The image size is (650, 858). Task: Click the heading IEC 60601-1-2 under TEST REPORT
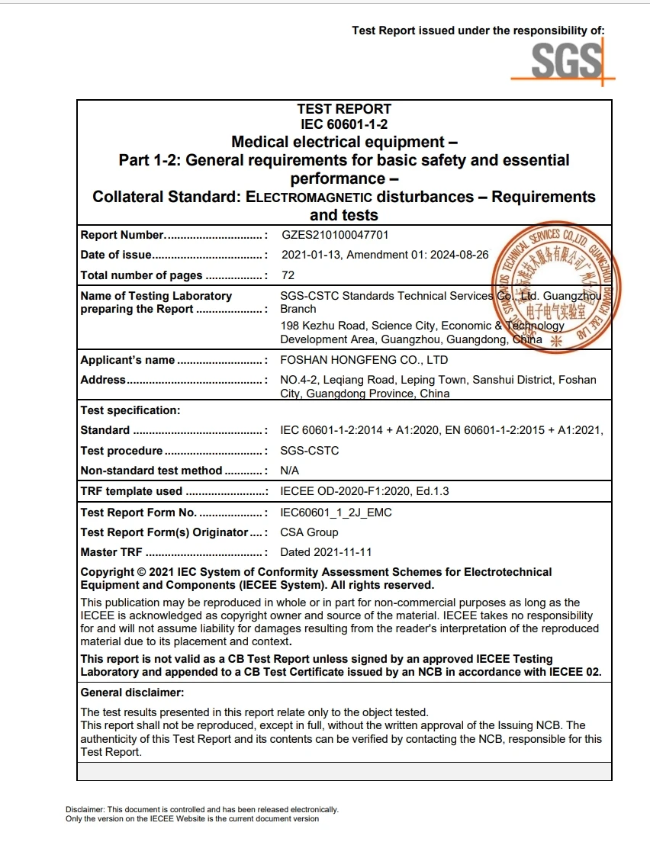(x=344, y=124)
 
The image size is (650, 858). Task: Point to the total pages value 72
(x=288, y=275)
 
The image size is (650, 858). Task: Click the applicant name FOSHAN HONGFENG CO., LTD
(x=364, y=360)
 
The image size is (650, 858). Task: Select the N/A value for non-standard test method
(x=290, y=471)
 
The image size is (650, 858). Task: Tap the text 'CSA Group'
(x=309, y=532)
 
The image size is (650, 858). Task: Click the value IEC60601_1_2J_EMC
(x=336, y=513)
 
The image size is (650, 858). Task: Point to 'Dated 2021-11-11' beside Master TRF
(x=326, y=552)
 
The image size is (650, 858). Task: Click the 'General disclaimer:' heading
(x=132, y=693)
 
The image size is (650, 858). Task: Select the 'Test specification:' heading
(x=130, y=410)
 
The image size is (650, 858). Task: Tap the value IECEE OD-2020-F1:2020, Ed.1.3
(x=365, y=491)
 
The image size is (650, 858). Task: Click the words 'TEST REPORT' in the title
(x=344, y=109)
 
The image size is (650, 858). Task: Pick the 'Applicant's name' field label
(x=127, y=360)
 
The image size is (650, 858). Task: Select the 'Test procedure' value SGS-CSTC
(x=310, y=451)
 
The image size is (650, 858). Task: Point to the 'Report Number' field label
(x=122, y=235)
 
